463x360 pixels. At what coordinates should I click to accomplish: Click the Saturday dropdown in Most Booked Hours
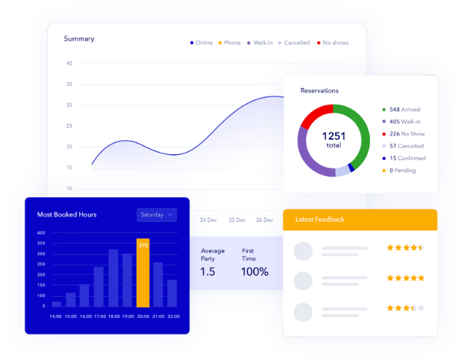tap(156, 215)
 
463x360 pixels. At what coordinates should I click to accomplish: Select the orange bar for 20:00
tap(143, 273)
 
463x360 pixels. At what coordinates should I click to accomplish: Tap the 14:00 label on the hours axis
tap(56, 316)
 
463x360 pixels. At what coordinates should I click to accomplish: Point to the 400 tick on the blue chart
tap(41, 233)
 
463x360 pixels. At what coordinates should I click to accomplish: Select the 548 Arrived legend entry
tap(404, 109)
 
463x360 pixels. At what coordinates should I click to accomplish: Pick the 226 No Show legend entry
tap(406, 134)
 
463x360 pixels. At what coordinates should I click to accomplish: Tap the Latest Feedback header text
tap(320, 220)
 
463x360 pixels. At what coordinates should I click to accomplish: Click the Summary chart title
tap(78, 39)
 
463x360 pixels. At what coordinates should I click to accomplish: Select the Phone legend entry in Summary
tap(229, 43)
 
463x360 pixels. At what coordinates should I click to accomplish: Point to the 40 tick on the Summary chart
tap(69, 63)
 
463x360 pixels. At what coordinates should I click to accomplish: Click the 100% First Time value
tap(255, 271)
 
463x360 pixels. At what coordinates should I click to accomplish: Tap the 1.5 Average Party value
tap(208, 271)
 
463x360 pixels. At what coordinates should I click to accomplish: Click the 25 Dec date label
tap(237, 220)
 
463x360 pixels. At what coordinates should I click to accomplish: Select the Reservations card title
tap(320, 91)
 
